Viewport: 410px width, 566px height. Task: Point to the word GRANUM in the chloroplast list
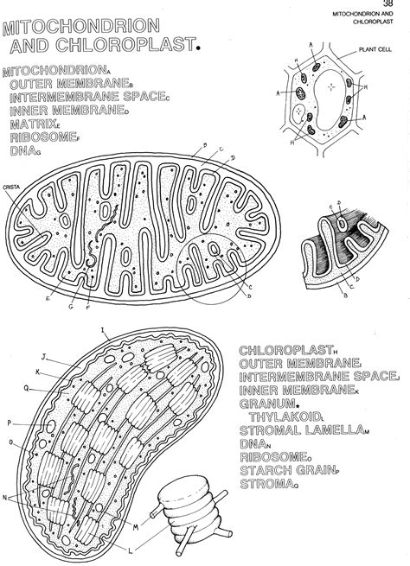266,404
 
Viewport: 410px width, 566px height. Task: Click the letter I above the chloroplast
102,329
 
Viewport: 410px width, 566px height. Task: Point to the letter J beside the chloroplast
42,356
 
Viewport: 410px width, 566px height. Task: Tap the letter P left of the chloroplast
10,423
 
